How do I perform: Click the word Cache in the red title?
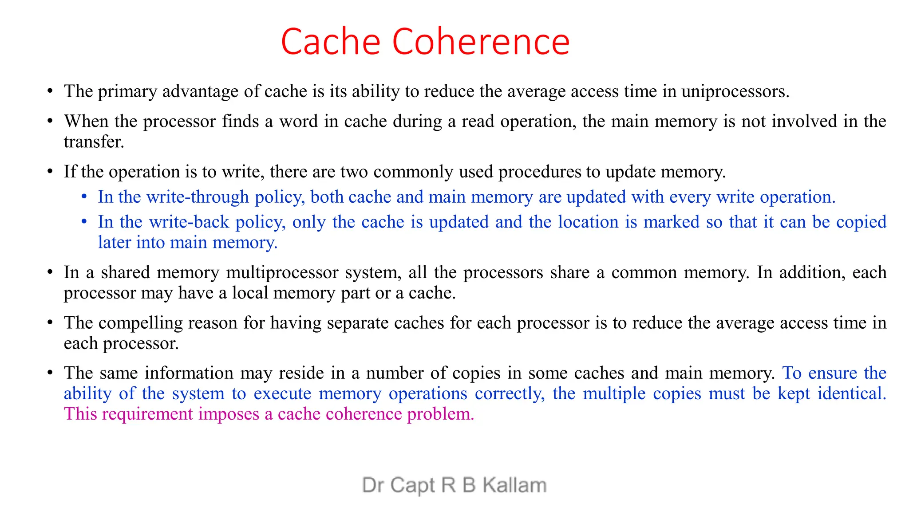[330, 42]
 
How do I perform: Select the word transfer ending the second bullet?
[93, 142]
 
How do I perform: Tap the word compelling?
[140, 323]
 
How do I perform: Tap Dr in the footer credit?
[372, 485]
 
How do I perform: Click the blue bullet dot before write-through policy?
[84, 197]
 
